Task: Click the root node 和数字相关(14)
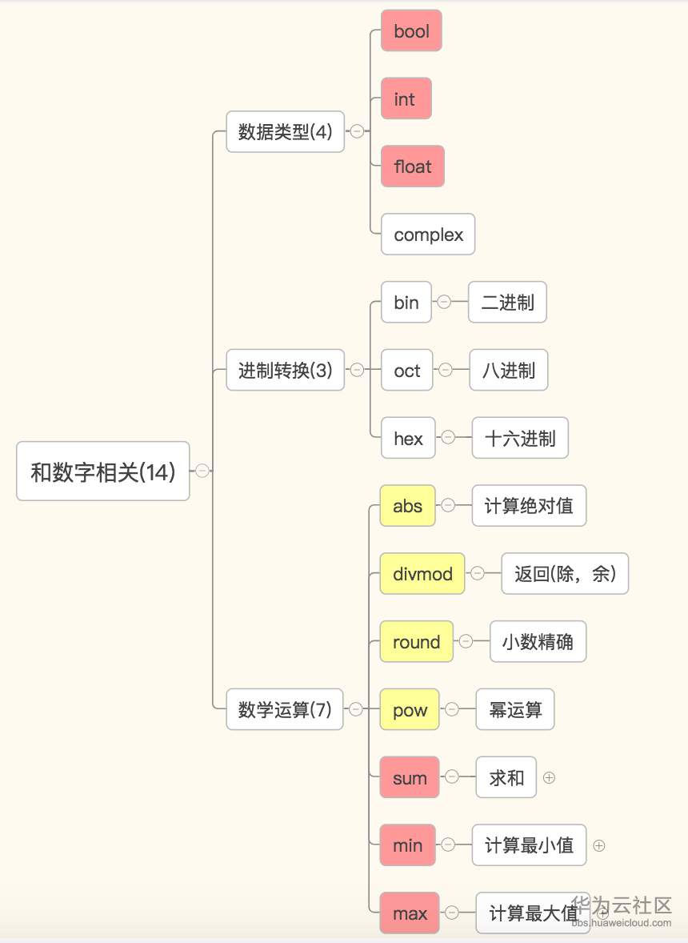tap(102, 471)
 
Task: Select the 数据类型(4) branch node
tap(285, 131)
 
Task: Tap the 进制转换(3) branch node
tap(285, 370)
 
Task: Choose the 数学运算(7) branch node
tap(284, 709)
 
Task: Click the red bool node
tap(411, 31)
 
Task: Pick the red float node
tap(412, 167)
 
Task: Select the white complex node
tap(428, 235)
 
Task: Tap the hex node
tap(407, 438)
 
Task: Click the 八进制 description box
tap(508, 370)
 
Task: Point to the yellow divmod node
tap(422, 574)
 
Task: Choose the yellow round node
tap(416, 642)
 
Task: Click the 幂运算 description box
tap(515, 710)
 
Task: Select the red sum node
tap(410, 778)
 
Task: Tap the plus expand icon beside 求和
tap(549, 777)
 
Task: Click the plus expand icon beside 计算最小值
tap(599, 845)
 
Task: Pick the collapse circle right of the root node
tap(202, 471)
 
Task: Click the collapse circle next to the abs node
tap(448, 505)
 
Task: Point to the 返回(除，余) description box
tap(565, 574)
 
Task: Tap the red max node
tap(410, 913)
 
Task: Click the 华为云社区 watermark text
tap(622, 905)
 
